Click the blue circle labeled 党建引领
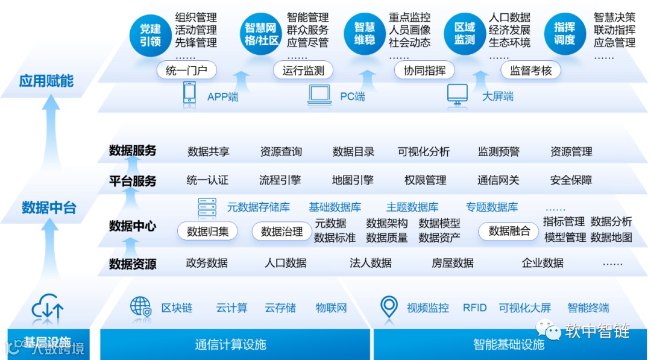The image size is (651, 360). point(151,34)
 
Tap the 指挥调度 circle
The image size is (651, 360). point(564,34)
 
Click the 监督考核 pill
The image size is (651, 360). point(530,71)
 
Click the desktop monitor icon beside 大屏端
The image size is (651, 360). point(458,95)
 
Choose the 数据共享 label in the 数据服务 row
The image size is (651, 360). point(209,151)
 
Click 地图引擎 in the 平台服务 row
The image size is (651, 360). point(353,180)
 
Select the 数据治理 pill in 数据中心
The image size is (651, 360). point(282,231)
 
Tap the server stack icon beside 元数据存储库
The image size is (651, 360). point(207,207)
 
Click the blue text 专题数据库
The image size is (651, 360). point(492,207)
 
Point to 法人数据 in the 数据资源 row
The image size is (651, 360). point(371,263)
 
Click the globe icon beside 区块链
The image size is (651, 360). point(141,307)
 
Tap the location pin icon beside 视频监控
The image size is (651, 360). point(389,307)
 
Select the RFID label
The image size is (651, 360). point(474,308)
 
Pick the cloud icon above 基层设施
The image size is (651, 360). point(48,307)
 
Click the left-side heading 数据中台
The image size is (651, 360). point(49,208)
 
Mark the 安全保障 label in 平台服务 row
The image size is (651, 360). point(571,180)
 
